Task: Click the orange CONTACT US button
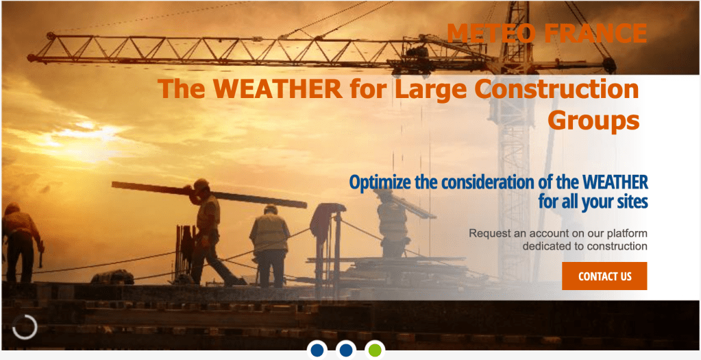pos(604,276)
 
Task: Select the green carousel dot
pos(375,350)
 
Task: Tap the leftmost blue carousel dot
pos(317,350)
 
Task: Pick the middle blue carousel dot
pos(345,350)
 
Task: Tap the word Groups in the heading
pos(593,120)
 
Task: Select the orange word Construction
pos(556,88)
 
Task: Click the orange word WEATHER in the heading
pos(278,88)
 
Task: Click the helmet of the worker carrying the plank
pos(201,184)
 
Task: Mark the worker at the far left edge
pos(20,243)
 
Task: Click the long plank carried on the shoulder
pos(209,195)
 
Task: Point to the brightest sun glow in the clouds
pos(85,134)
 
